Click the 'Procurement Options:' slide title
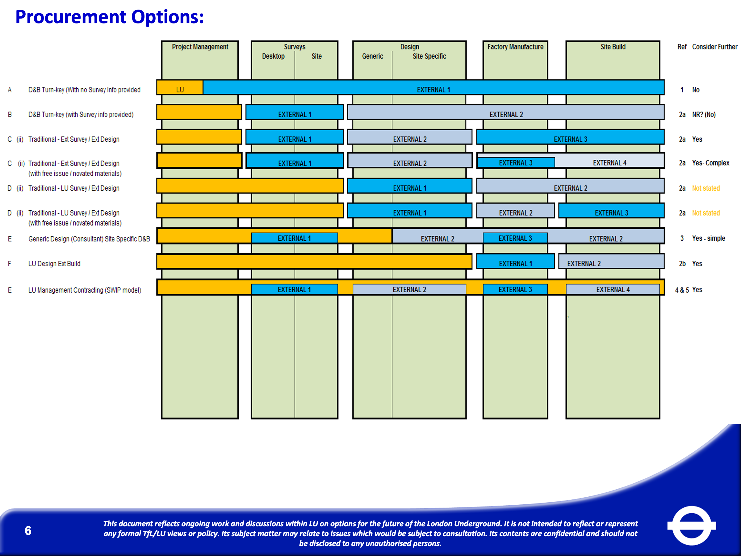tap(110, 17)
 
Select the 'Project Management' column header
tap(200, 47)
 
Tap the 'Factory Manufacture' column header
tap(515, 47)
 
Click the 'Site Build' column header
tap(613, 47)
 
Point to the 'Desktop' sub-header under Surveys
tap(273, 56)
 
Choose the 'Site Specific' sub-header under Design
tap(429, 56)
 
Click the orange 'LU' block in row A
tap(180, 90)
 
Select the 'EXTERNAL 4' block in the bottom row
tap(613, 289)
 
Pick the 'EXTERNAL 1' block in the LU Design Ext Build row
tap(515, 263)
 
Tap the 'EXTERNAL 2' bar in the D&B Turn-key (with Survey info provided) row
tap(506, 114)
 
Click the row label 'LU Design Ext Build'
tap(54, 264)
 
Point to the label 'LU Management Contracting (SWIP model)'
tap(84, 290)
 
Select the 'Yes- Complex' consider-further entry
tap(710, 163)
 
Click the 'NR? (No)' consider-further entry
tap(704, 115)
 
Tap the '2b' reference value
tap(682, 264)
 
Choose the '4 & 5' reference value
tap(682, 290)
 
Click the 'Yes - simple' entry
tap(709, 238)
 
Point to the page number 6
tap(28, 531)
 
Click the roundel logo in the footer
tap(691, 525)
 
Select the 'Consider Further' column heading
tap(714, 47)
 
